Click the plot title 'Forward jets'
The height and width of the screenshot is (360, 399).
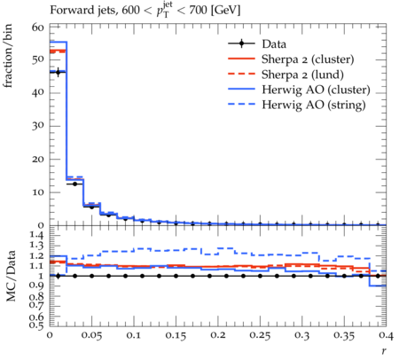[82, 11]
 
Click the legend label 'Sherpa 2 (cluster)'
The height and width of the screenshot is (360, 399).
[308, 59]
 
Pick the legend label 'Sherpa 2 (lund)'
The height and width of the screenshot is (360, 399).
[302, 74]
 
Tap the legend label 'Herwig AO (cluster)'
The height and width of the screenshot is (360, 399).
[316, 90]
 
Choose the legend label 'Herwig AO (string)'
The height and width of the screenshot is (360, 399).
[314, 105]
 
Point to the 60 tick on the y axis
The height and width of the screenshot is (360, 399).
[37, 27]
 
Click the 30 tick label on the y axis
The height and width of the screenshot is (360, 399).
[37, 126]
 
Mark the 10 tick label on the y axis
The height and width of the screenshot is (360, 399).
[37, 192]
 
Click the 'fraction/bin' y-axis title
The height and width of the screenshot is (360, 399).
[8, 56]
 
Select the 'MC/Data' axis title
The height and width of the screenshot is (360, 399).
[11, 276]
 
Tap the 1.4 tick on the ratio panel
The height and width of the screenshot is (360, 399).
[37, 235]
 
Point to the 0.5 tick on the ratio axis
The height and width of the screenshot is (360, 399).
[37, 325]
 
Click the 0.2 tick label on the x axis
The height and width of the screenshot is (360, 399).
[218, 335]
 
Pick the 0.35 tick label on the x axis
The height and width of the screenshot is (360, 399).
[344, 335]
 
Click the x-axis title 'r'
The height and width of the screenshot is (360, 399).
[384, 350]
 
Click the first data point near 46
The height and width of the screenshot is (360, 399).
[58, 72]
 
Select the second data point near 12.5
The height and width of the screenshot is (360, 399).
[74, 184]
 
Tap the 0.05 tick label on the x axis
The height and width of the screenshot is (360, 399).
[91, 335]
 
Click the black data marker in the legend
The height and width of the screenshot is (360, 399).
[241, 43]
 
